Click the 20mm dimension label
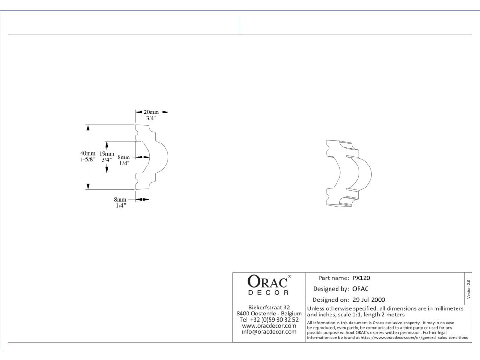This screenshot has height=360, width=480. pyautogui.click(x=151, y=112)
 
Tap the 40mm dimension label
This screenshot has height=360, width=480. pyautogui.click(x=87, y=153)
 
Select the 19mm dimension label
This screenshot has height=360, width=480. pyautogui.click(x=107, y=153)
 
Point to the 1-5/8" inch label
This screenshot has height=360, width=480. pyautogui.click(x=87, y=159)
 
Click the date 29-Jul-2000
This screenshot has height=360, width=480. pyautogui.click(x=369, y=300)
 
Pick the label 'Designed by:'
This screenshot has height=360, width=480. pyautogui.click(x=331, y=289)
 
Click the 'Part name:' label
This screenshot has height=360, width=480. pyautogui.click(x=333, y=278)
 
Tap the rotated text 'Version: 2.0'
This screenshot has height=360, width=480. pyautogui.click(x=469, y=288)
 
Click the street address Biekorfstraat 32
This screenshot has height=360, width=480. pyautogui.click(x=269, y=307)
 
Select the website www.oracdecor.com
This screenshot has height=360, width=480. pyautogui.click(x=269, y=325)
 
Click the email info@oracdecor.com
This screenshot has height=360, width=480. pyautogui.click(x=269, y=332)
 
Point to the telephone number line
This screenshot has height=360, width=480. pyautogui.click(x=269, y=319)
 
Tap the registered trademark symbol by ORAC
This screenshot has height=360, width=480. pyautogui.click(x=289, y=277)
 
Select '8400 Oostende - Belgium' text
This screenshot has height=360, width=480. pyautogui.click(x=269, y=313)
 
